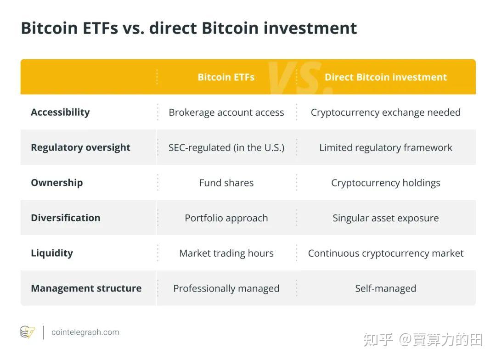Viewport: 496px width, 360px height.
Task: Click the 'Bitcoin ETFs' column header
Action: click(226, 77)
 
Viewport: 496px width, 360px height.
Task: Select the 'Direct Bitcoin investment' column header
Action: click(385, 77)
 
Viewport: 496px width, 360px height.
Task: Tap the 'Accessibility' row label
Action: click(60, 112)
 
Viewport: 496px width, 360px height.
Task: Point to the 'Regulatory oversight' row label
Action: click(80, 147)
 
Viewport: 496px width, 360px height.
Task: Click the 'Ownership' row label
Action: click(56, 183)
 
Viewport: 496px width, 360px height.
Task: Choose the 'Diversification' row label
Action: click(65, 218)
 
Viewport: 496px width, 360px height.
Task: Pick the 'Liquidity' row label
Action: click(51, 253)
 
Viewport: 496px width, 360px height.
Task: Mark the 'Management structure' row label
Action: click(86, 288)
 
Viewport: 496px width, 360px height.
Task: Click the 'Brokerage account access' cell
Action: click(226, 112)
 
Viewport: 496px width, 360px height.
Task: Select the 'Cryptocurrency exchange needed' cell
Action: click(385, 112)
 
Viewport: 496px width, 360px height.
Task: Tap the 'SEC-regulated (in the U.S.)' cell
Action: click(226, 147)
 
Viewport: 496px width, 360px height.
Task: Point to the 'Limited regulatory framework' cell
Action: click(385, 147)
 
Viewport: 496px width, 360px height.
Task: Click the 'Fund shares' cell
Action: click(226, 183)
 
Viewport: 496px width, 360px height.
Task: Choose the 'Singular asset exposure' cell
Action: click(385, 218)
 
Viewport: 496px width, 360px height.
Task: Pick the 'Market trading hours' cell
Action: click(226, 253)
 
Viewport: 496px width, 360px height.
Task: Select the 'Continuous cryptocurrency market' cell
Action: click(385, 253)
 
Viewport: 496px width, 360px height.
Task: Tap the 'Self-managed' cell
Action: click(385, 288)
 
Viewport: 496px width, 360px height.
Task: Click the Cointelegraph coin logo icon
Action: click(28, 332)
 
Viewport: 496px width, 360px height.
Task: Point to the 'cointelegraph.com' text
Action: click(85, 332)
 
